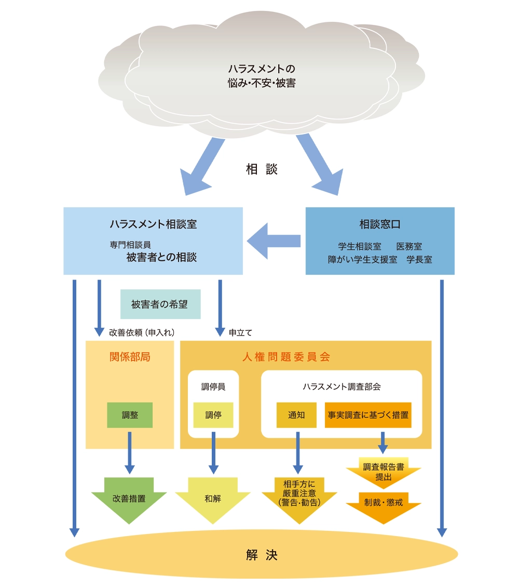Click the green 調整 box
tap(130, 415)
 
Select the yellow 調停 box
tap(213, 415)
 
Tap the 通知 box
tap(296, 415)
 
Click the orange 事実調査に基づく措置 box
tap(368, 415)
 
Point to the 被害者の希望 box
tap(160, 304)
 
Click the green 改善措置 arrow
tap(129, 499)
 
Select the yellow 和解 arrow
tap(213, 499)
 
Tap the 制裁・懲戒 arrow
tap(383, 504)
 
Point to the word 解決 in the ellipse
tap(262, 555)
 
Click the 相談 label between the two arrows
tap(262, 169)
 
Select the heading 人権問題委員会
tap(286, 357)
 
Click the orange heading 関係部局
tap(130, 357)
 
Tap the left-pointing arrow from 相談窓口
tap(274, 241)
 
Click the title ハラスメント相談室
tap(153, 224)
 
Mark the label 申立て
tap(240, 332)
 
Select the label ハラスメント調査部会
tap(342, 387)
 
